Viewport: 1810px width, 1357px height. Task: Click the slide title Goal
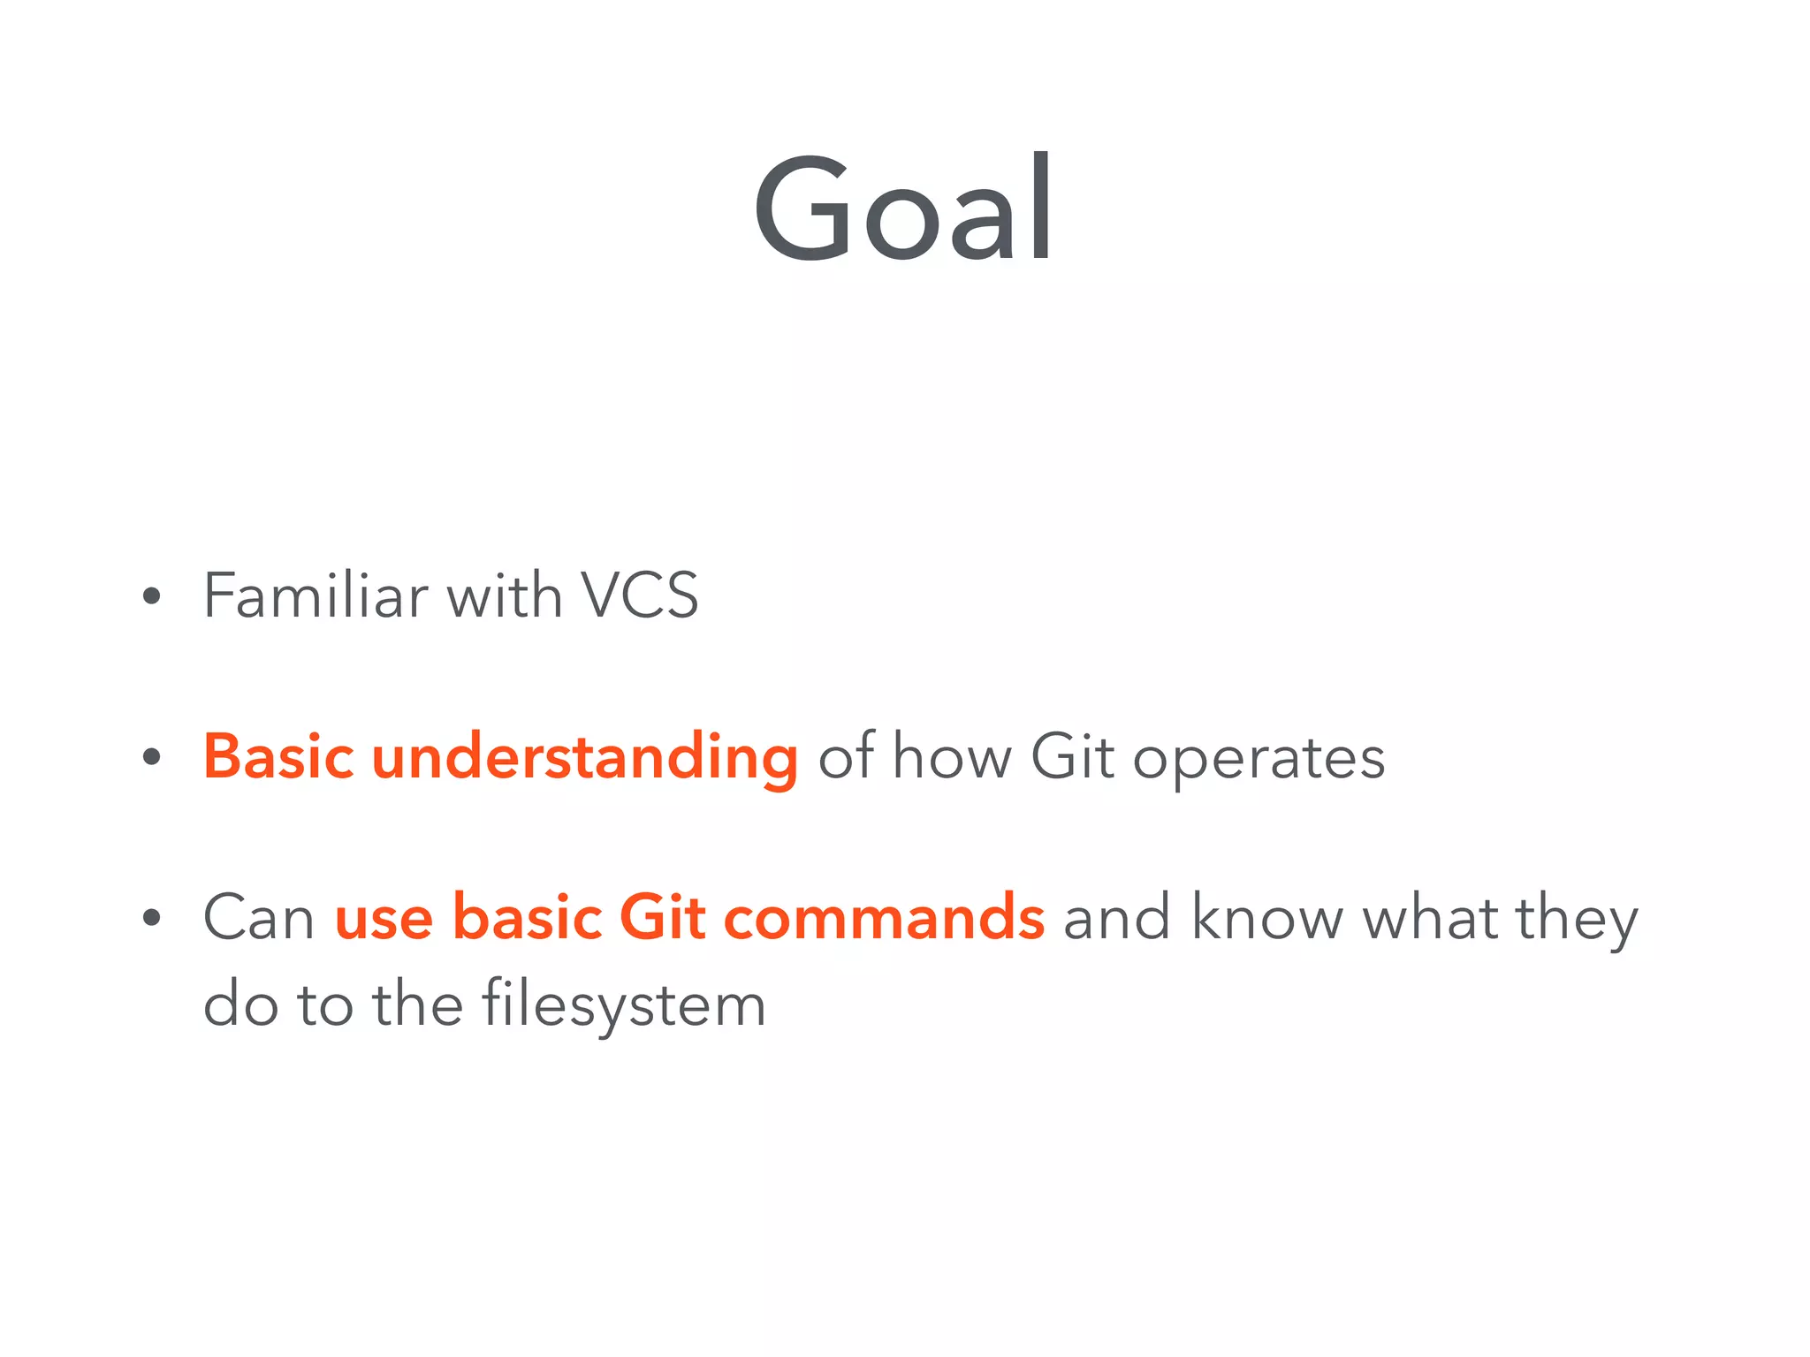coord(903,208)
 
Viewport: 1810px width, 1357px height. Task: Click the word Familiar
coord(316,595)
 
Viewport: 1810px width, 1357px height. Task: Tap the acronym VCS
coord(639,595)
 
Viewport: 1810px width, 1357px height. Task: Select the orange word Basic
coord(278,757)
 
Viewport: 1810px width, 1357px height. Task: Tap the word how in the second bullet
coord(952,757)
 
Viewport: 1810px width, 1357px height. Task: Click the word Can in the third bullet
coord(259,917)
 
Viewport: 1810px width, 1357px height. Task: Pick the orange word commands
coord(884,917)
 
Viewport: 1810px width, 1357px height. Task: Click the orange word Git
coord(662,917)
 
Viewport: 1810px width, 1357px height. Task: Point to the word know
coord(1266,917)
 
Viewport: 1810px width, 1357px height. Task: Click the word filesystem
coord(623,1005)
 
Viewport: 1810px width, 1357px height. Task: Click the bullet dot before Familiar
coord(152,596)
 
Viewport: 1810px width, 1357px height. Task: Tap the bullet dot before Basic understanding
coord(152,757)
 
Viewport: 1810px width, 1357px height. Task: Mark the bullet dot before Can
coord(152,918)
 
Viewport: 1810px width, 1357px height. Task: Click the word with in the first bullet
coord(504,595)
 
